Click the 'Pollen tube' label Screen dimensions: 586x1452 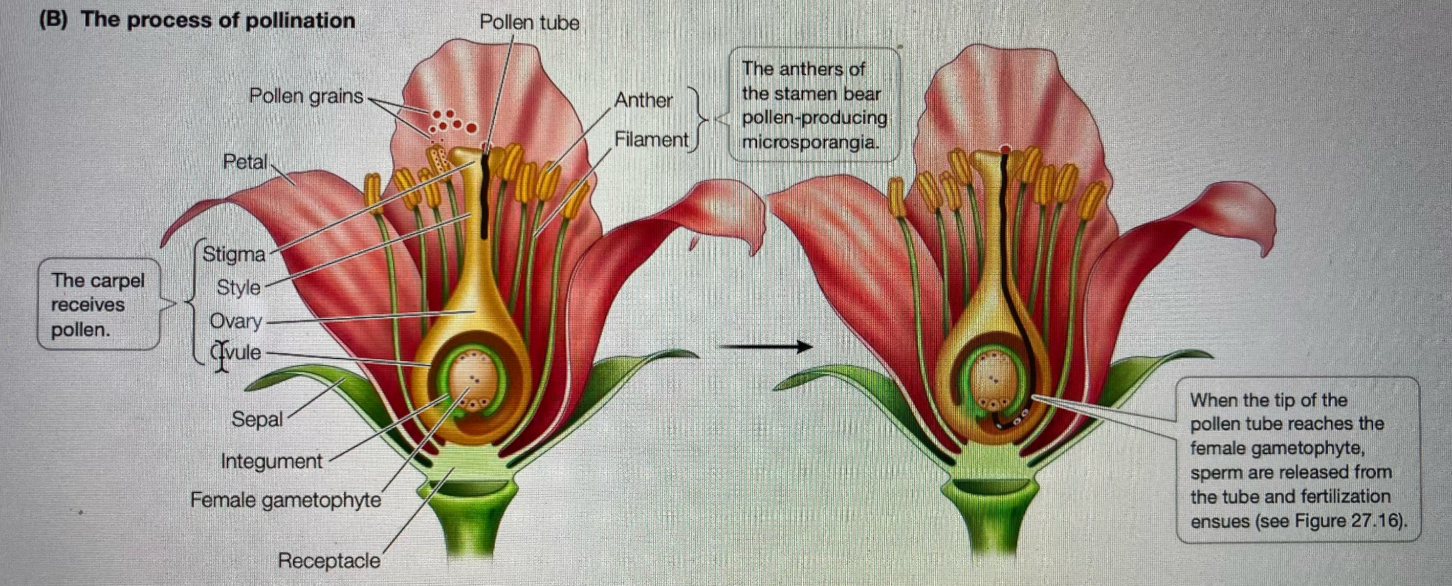pyautogui.click(x=529, y=23)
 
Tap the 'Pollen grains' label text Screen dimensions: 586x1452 pyautogui.click(x=306, y=96)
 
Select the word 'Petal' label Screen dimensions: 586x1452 pyautogui.click(x=245, y=162)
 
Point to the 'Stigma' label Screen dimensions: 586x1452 pyautogui.click(x=233, y=254)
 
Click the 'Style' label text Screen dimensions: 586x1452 pyautogui.click(x=238, y=287)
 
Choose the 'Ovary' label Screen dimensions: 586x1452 pyautogui.click(x=235, y=321)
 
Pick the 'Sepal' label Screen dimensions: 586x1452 pyautogui.click(x=257, y=419)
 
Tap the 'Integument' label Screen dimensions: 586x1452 pyautogui.click(x=272, y=461)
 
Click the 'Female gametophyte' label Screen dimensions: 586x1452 pyautogui.click(x=286, y=500)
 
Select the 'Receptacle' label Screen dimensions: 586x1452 pyautogui.click(x=329, y=560)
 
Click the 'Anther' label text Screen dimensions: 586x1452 pyautogui.click(x=643, y=100)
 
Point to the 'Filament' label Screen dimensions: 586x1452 pyautogui.click(x=651, y=140)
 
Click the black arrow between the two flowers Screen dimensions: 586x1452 pyautogui.click(x=766, y=346)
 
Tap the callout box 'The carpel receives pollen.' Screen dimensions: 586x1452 pyautogui.click(x=98, y=305)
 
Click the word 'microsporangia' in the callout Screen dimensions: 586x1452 pyautogui.click(x=808, y=142)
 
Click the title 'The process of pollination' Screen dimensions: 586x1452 pyautogui.click(x=218, y=20)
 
